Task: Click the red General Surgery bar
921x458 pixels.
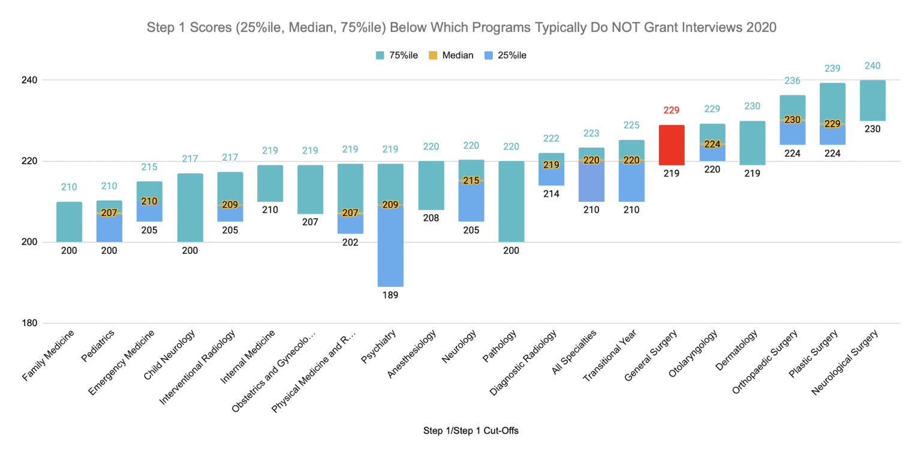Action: click(x=672, y=145)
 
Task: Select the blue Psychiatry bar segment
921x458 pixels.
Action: click(x=390, y=246)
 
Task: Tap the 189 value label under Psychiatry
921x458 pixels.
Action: click(x=390, y=295)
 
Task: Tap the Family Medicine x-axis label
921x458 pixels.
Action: click(x=49, y=355)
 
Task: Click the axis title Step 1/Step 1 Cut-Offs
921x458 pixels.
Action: click(x=471, y=431)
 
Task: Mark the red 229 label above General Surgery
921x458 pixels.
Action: click(x=672, y=110)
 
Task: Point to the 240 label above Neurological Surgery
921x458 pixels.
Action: click(x=872, y=66)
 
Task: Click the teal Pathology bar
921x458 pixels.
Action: click(x=511, y=201)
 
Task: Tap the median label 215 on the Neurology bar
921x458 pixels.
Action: click(x=471, y=181)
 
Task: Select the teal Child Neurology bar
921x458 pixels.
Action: click(x=190, y=207)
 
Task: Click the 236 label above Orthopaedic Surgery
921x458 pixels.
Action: click(x=792, y=81)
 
